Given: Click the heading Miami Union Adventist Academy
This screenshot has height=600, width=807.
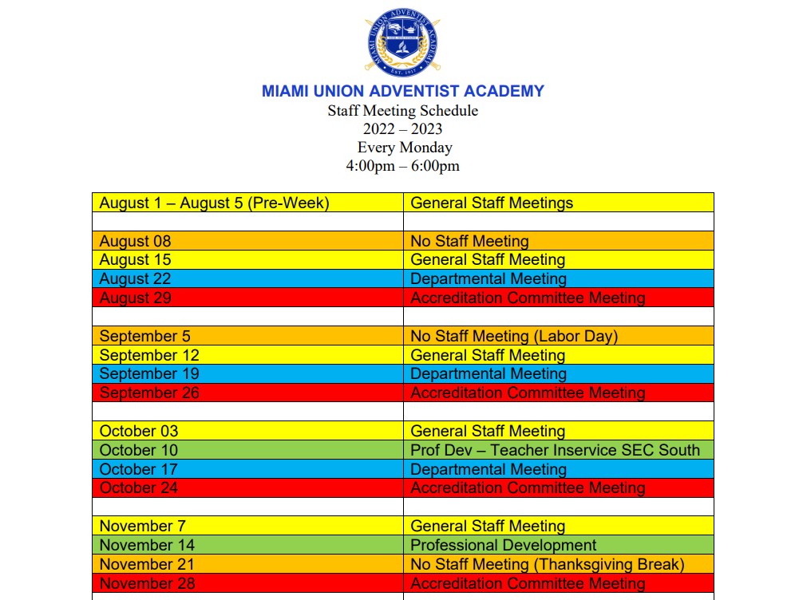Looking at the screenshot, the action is tap(402, 91).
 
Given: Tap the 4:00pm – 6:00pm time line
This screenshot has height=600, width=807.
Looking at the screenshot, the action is tap(402, 166).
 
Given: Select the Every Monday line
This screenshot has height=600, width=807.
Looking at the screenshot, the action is tap(404, 148).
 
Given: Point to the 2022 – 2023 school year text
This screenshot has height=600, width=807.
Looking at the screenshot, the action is tap(402, 129).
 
